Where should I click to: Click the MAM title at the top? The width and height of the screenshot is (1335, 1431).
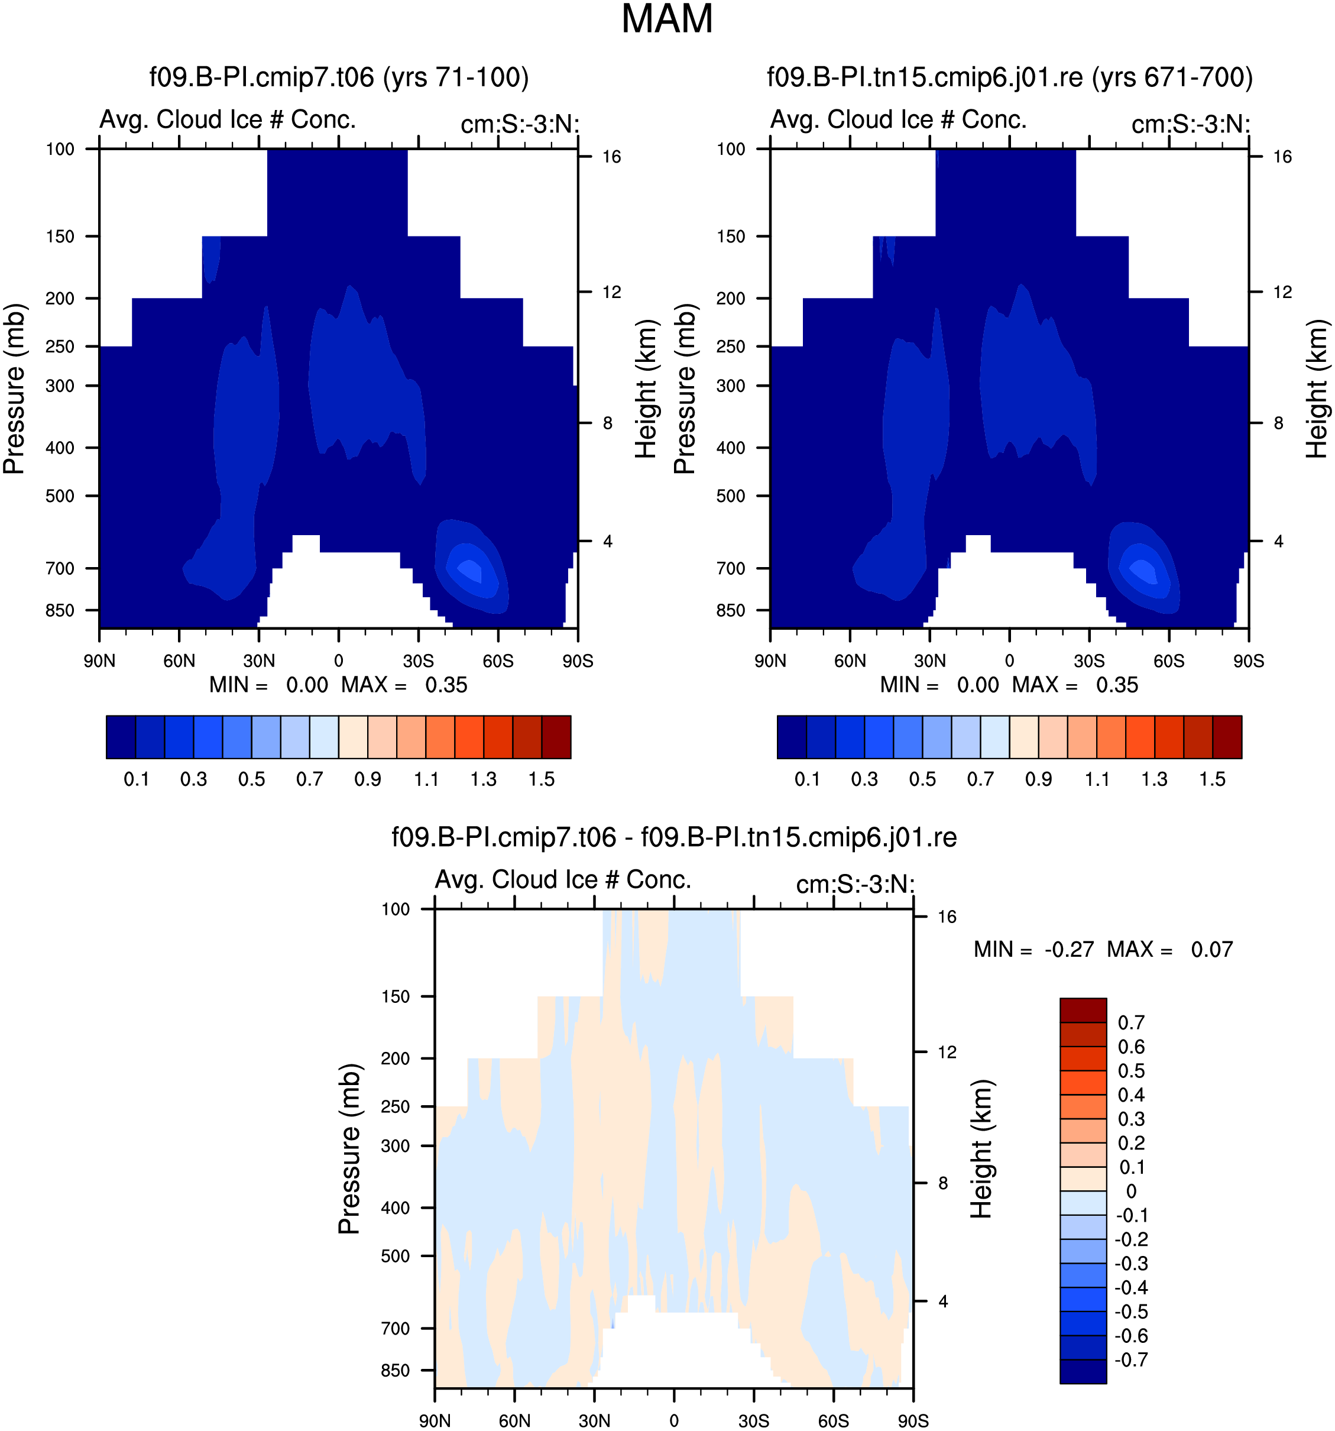[666, 20]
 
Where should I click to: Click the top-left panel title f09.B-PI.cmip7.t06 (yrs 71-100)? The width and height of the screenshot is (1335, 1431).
[339, 77]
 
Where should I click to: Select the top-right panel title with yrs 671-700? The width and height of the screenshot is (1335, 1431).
[1010, 77]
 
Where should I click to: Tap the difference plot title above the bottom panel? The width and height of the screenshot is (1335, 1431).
[673, 837]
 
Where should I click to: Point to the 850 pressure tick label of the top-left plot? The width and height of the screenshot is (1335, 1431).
[60, 610]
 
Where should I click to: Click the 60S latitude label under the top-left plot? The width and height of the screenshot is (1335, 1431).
[498, 661]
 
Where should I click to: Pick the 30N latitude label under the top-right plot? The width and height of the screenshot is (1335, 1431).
[930, 661]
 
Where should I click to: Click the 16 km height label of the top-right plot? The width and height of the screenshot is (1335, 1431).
[1282, 157]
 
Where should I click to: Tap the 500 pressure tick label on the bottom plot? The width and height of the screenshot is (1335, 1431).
[396, 1255]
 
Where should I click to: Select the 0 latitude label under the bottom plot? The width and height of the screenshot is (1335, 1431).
[673, 1421]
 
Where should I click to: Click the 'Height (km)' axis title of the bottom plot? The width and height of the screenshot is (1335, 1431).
[981, 1149]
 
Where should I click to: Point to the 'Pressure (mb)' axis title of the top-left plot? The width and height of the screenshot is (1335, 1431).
[14, 388]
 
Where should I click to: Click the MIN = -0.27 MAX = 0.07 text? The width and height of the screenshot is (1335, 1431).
[1103, 950]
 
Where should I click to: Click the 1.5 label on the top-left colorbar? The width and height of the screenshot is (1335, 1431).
[541, 779]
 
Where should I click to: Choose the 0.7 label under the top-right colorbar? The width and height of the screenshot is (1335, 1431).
[980, 779]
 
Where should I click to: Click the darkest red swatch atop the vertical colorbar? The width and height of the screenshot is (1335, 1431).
[1083, 1010]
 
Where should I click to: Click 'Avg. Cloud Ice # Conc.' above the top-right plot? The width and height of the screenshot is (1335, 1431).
[898, 119]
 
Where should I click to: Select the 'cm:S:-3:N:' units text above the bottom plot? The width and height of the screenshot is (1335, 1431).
[855, 884]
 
